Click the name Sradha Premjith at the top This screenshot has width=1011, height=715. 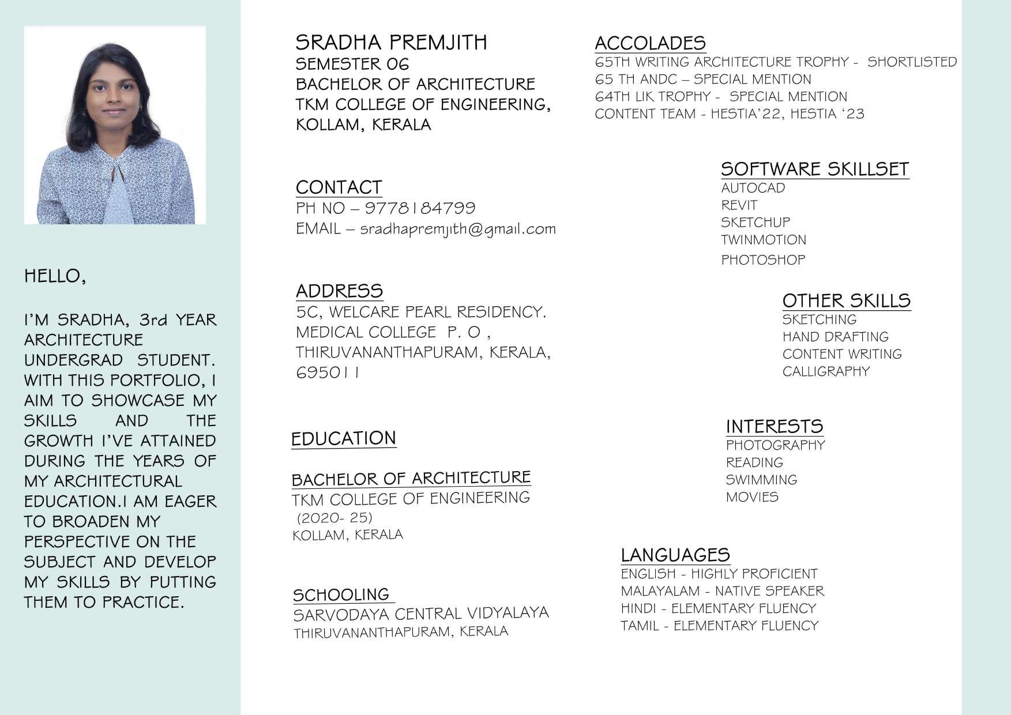pyautogui.click(x=391, y=43)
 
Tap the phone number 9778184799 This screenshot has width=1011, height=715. pyautogui.click(x=420, y=208)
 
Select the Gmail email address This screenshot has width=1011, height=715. pyautogui.click(x=458, y=229)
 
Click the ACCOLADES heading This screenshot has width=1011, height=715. pyautogui.click(x=650, y=43)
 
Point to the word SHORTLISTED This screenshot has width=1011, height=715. pyautogui.click(x=912, y=62)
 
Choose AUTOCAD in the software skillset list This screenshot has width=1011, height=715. pyautogui.click(x=753, y=188)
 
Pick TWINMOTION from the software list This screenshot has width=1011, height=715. pyautogui.click(x=763, y=240)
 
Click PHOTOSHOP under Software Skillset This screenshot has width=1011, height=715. pyautogui.click(x=762, y=260)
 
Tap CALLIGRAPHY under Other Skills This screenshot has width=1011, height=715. pyautogui.click(x=825, y=371)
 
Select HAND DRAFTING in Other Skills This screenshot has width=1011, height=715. pyautogui.click(x=835, y=337)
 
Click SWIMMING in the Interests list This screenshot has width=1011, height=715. pyautogui.click(x=761, y=480)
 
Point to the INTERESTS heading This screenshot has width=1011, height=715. pyautogui.click(x=774, y=427)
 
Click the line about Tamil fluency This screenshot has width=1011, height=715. pyautogui.click(x=719, y=626)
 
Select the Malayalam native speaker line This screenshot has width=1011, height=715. pyautogui.click(x=722, y=591)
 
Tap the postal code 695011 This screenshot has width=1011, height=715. pyautogui.click(x=328, y=373)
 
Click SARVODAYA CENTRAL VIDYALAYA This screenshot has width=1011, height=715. pyautogui.click(x=420, y=614)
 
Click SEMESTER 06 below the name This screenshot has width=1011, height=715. pyautogui.click(x=352, y=64)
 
